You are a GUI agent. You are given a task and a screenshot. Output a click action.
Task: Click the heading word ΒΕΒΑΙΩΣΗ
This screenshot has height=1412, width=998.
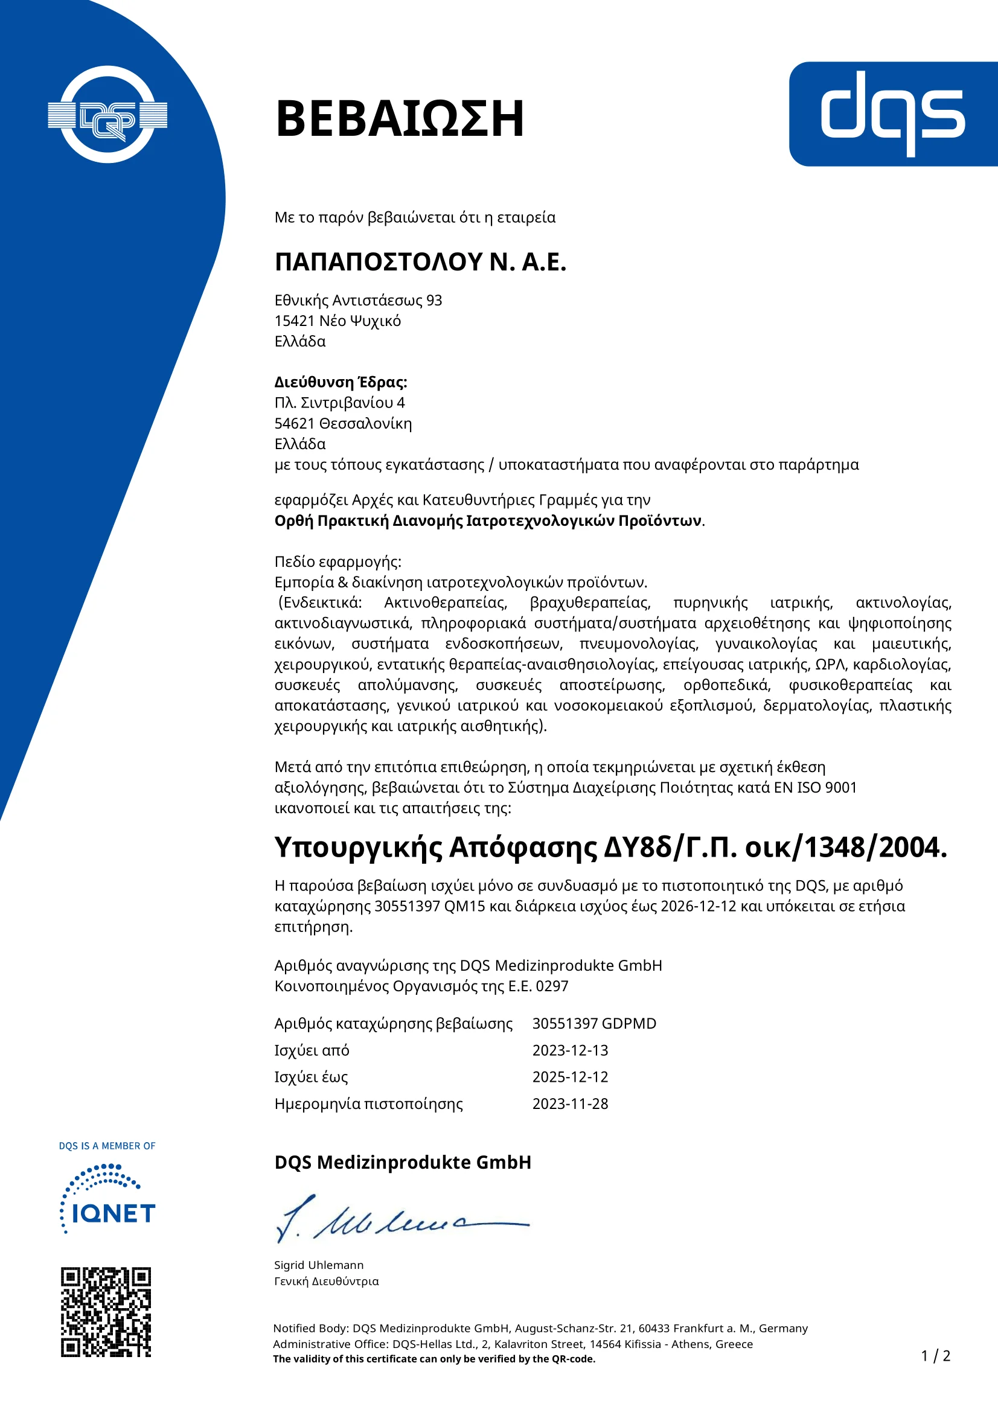[x=400, y=118]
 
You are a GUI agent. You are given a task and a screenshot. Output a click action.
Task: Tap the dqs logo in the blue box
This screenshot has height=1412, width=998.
[x=893, y=113]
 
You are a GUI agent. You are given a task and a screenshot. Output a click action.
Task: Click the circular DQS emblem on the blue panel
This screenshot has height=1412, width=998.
[x=107, y=115]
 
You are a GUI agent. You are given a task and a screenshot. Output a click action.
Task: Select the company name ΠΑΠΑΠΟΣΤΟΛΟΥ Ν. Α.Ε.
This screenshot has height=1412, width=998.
[x=420, y=262]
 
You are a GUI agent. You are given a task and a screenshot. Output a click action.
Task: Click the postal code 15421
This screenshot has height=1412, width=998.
[x=295, y=321]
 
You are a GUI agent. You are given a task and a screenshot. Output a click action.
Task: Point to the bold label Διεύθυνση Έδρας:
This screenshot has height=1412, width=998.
[x=341, y=382]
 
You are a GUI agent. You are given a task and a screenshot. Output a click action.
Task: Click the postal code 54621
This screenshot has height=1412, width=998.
[x=295, y=424]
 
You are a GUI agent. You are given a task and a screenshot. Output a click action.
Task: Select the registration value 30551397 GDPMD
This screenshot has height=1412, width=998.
[x=594, y=1023]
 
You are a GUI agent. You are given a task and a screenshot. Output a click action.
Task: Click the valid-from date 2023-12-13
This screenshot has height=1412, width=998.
[x=570, y=1050]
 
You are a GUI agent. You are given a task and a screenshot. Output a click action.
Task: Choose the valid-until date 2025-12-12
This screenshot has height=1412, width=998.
[x=570, y=1077]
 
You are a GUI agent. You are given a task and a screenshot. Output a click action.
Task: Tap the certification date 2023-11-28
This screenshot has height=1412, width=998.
[x=570, y=1104]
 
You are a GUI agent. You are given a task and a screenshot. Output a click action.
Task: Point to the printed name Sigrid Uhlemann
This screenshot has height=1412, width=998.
[x=319, y=1265]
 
